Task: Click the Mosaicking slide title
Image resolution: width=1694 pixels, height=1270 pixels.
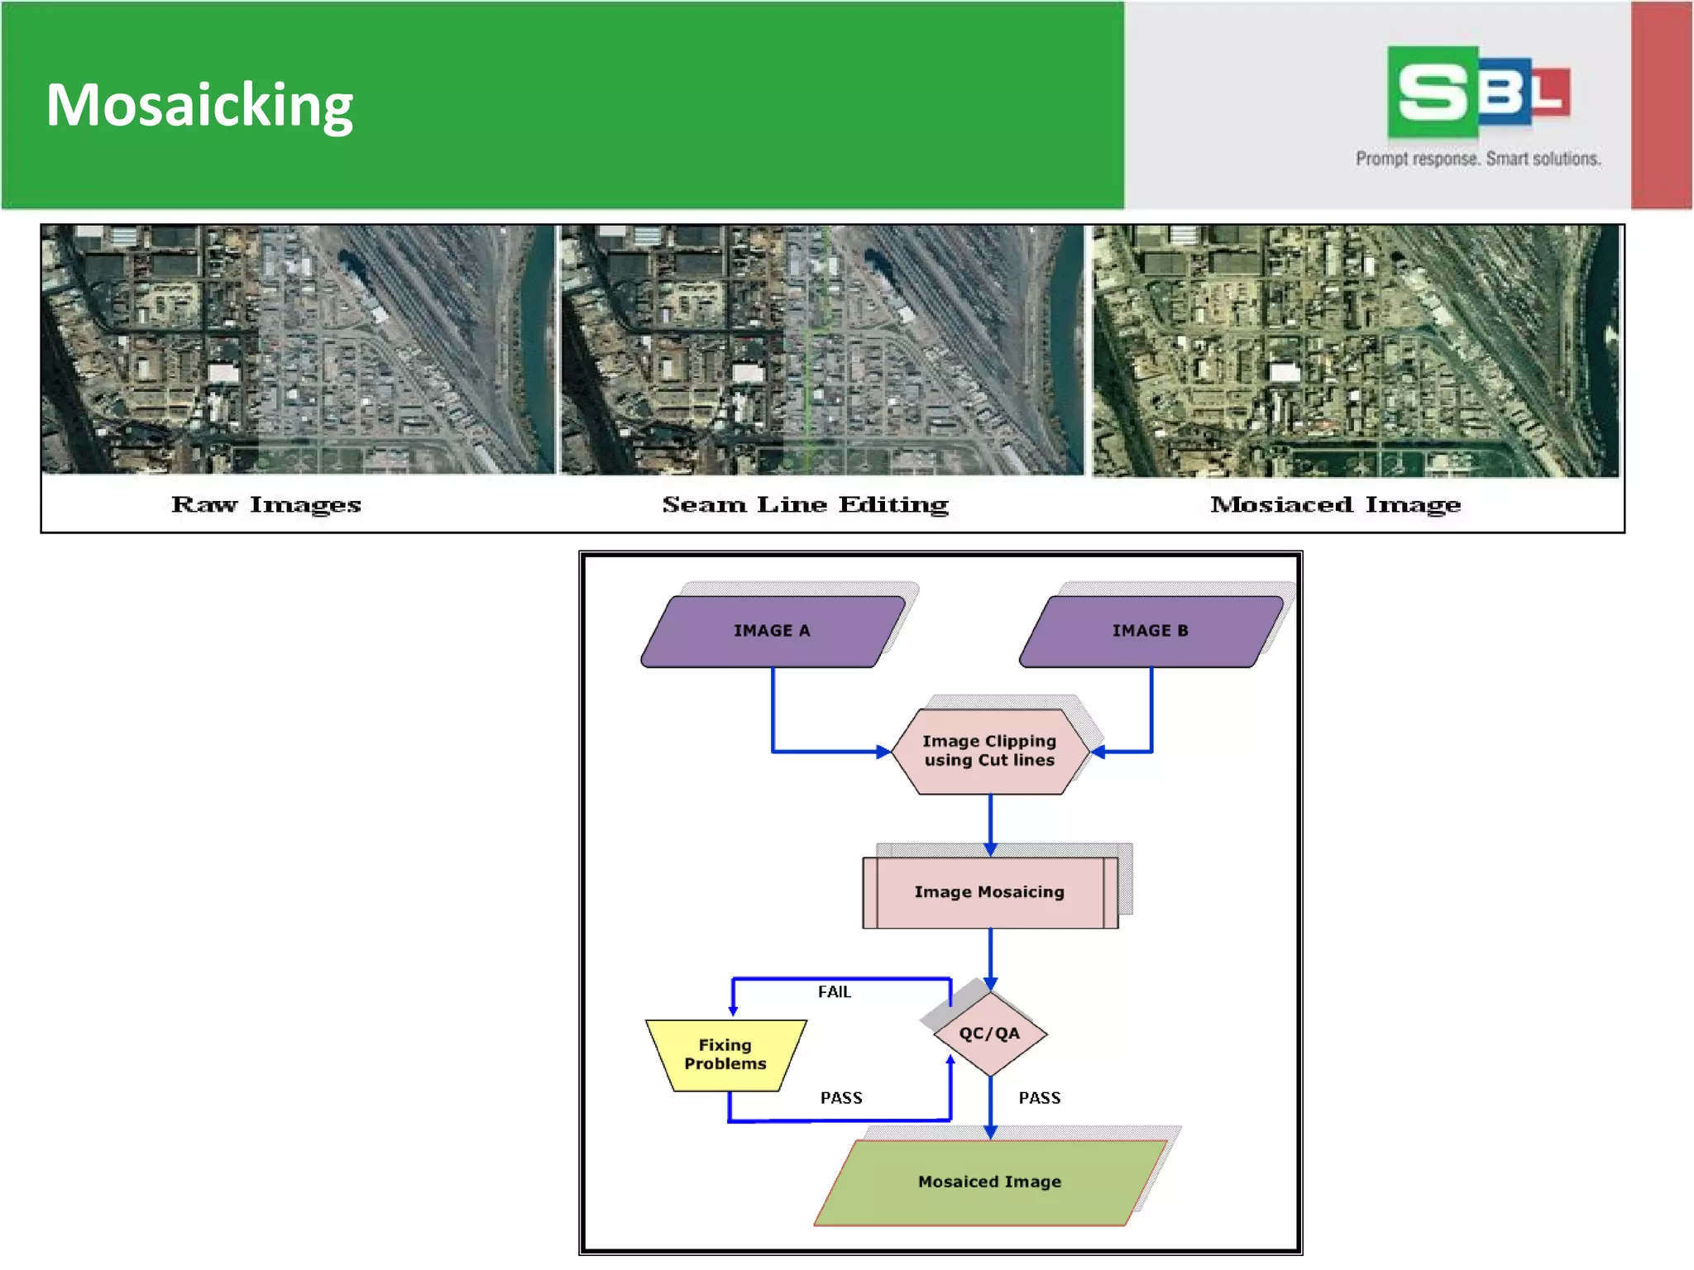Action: [199, 105]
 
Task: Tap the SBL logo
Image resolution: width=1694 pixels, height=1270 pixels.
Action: [1477, 92]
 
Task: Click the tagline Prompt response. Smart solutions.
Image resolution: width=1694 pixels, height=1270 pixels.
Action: [1477, 158]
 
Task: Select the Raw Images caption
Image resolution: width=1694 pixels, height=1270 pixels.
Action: [266, 504]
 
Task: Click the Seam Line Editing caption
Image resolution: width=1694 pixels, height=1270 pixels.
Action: [805, 504]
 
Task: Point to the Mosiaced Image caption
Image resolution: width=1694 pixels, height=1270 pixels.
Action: [1335, 504]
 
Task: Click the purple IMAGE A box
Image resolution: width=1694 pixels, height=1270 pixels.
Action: [771, 631]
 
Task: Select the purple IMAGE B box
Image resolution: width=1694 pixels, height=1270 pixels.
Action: [1150, 631]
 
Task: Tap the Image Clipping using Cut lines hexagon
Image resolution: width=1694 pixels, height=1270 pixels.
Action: [989, 751]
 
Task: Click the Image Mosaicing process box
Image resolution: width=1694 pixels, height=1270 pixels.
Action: [989, 892]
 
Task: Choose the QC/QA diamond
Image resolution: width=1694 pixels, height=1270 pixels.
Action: [989, 1034]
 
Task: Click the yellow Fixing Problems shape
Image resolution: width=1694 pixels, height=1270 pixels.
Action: [725, 1054]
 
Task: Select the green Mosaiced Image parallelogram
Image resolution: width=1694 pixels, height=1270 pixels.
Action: [989, 1182]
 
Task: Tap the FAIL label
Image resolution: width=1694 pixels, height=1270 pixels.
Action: [834, 991]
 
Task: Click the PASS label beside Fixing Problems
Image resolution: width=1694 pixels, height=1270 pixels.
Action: [840, 1098]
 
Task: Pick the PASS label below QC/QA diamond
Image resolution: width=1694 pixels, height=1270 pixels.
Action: [1039, 1098]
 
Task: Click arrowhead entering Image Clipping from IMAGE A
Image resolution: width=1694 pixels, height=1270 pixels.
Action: [883, 752]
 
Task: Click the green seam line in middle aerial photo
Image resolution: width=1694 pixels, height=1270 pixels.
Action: [808, 372]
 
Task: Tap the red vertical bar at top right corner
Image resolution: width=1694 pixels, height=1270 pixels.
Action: [1661, 105]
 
